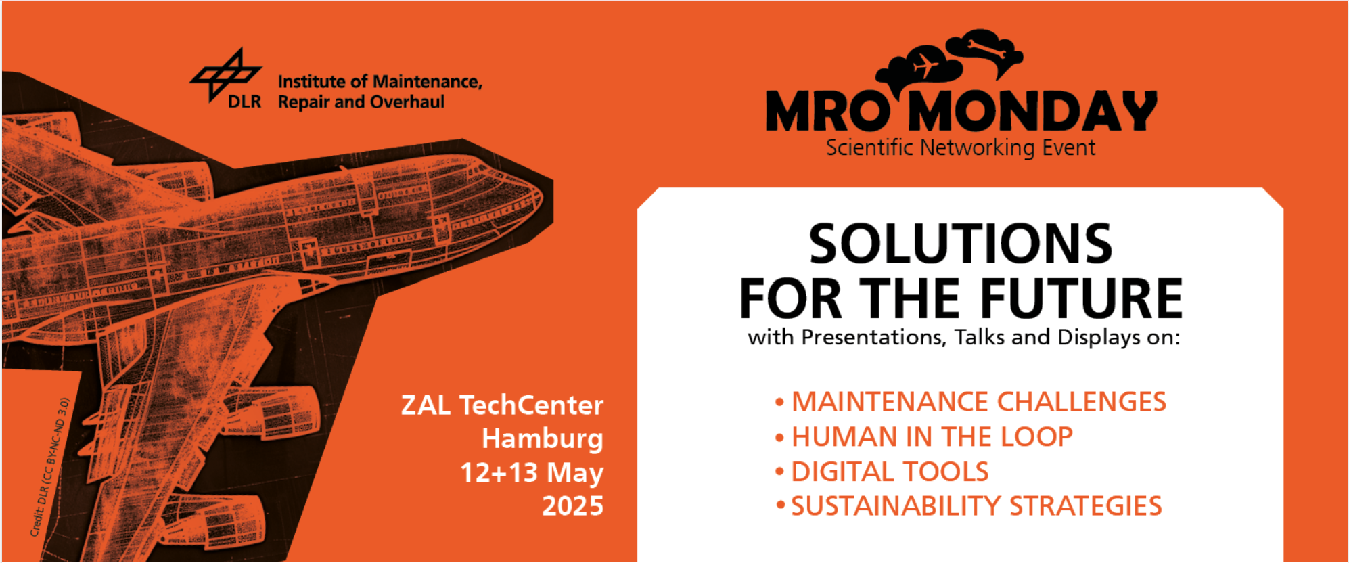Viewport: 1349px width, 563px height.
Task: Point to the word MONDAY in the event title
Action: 1032,112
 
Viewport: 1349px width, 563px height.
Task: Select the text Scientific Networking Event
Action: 961,148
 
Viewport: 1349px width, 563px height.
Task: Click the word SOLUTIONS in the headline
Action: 961,244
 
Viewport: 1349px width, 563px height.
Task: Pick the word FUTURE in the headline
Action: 1081,298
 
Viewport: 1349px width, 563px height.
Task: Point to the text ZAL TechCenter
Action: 502,405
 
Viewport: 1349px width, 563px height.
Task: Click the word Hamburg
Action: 543,439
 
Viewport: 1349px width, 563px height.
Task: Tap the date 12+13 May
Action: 532,473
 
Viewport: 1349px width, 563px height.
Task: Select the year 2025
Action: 572,506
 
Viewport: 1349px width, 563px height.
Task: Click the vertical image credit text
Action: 49,468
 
